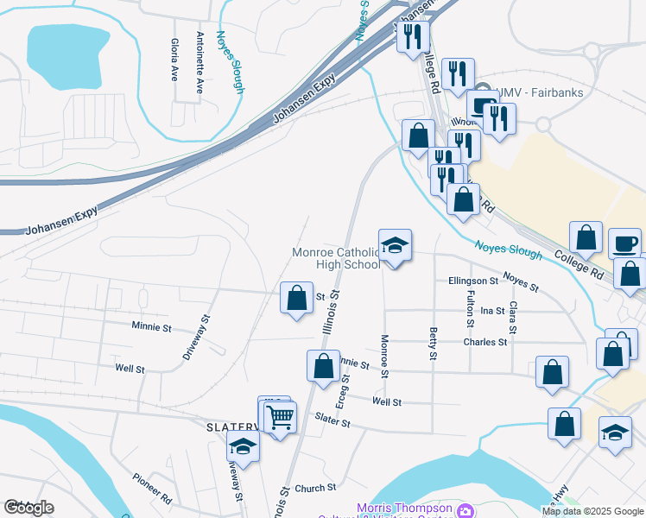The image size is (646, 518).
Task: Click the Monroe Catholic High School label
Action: point(336,258)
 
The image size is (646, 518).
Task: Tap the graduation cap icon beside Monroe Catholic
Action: point(395,246)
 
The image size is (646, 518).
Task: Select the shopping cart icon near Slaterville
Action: point(281,417)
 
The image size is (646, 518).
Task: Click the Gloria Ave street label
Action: point(174,60)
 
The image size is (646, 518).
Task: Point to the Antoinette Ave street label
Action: point(199,62)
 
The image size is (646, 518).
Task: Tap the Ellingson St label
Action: point(473,281)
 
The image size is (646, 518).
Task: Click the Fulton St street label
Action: point(471,308)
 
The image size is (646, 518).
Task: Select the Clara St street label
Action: point(513,318)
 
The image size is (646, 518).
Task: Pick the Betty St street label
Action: point(432,343)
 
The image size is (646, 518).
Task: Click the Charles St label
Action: point(485,342)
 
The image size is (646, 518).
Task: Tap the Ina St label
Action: point(492,310)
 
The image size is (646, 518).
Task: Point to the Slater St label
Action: point(332,422)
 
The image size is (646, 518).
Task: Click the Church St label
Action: point(309,489)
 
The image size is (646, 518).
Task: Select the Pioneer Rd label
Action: point(153,489)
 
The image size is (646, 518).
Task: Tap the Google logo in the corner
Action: point(28,508)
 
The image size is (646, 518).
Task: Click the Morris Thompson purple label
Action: point(406,509)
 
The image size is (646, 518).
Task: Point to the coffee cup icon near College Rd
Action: point(624,243)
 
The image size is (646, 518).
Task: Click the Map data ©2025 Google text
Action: point(592,511)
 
